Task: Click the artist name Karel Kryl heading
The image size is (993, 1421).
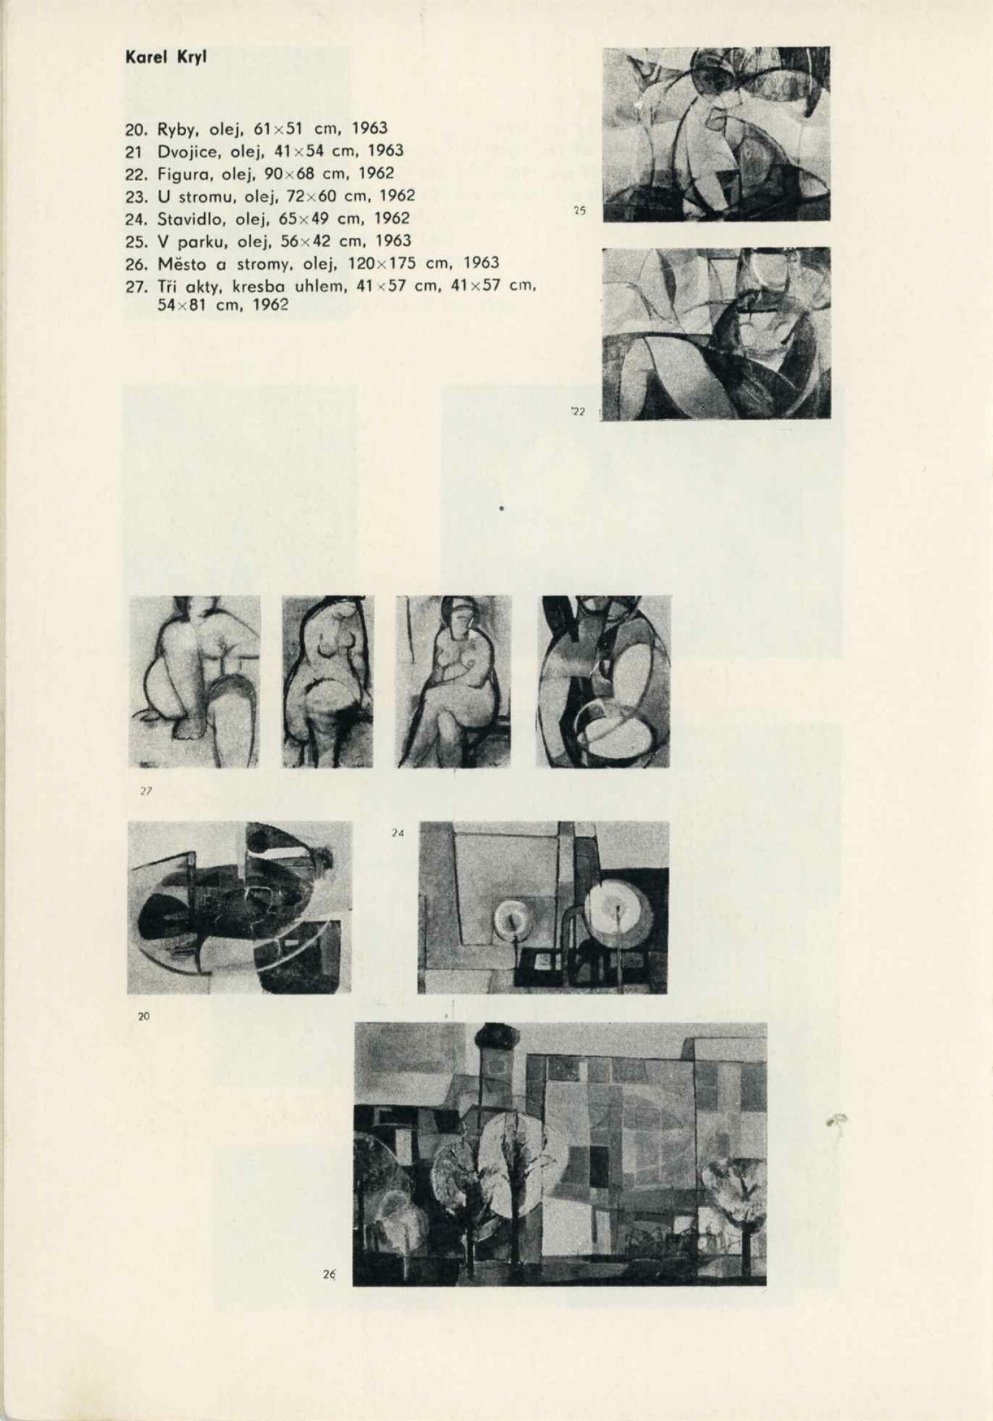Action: click(x=166, y=58)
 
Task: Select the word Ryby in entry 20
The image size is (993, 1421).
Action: click(x=176, y=129)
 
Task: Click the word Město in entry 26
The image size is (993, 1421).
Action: click(x=181, y=263)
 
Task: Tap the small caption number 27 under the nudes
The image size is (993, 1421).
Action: click(x=146, y=791)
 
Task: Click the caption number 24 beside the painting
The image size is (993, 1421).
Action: click(x=398, y=835)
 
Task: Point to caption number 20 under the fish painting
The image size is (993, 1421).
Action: click(x=143, y=1016)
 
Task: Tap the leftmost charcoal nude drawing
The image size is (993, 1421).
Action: click(x=194, y=681)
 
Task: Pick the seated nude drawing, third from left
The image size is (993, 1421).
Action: click(x=453, y=681)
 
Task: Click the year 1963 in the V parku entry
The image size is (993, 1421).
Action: click(x=393, y=241)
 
